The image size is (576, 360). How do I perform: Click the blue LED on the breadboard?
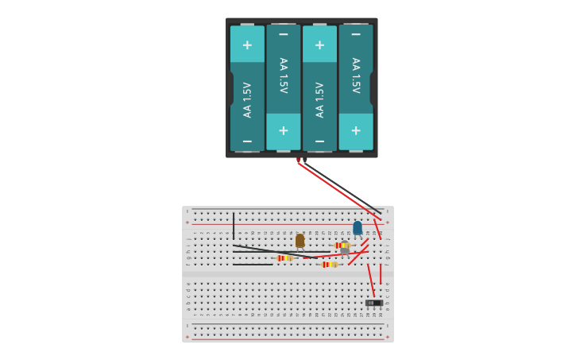358,228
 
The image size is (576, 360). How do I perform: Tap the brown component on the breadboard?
300,240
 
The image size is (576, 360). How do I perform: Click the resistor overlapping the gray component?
342,246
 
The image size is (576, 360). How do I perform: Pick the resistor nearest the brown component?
284,258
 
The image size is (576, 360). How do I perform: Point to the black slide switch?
373,303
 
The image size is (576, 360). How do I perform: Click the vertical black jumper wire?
234,226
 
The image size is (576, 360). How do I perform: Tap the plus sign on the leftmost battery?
247,45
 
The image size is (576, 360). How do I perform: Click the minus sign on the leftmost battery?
247,141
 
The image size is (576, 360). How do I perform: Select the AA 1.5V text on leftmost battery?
247,99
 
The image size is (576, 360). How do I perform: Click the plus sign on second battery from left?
283,130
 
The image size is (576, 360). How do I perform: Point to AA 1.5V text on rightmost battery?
356,75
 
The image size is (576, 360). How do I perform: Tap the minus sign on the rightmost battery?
356,34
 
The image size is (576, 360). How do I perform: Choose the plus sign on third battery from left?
319,45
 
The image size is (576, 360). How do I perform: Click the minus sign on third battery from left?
319,141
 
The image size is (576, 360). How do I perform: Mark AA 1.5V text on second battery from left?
283,75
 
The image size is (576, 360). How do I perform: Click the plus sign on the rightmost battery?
356,130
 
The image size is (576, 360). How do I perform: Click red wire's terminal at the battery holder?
299,161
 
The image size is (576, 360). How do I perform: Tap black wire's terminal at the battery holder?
305,161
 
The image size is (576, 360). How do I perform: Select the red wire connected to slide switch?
370,280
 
